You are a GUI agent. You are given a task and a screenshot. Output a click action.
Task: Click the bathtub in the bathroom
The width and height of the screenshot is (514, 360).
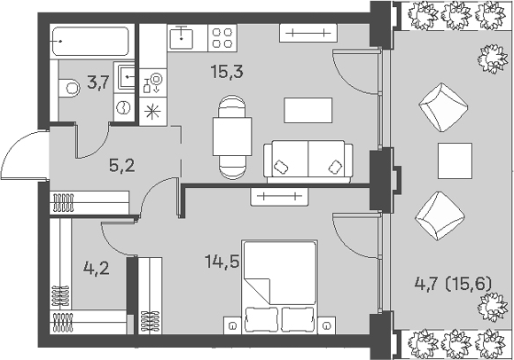tap(90, 42)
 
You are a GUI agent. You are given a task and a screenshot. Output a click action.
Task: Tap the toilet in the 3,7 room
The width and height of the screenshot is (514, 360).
tap(69, 88)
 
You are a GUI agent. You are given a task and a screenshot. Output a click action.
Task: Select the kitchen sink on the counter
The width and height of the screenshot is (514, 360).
tap(181, 38)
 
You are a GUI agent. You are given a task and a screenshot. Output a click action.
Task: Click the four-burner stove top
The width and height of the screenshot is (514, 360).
tap(222, 38)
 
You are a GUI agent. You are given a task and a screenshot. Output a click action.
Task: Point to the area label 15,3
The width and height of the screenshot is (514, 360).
tap(227, 72)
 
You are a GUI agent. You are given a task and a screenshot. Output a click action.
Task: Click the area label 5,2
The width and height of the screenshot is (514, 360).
tap(122, 166)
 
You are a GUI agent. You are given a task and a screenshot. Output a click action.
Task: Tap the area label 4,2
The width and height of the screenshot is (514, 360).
tap(97, 269)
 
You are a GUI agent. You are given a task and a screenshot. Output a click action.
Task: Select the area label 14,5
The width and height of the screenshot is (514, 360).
tap(222, 262)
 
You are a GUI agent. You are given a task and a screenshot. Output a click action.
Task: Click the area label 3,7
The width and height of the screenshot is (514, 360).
tap(97, 82)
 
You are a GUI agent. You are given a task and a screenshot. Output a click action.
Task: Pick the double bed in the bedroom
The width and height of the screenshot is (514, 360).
tap(280, 287)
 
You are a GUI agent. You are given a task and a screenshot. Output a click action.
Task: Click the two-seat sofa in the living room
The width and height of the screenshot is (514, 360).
tap(308, 162)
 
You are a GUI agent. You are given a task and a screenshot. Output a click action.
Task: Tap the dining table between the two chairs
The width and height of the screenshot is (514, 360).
tap(232, 137)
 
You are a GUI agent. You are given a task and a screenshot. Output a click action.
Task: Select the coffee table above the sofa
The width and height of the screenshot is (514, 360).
tap(308, 110)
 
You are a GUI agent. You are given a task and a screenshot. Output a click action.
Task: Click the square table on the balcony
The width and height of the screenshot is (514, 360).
tap(455, 160)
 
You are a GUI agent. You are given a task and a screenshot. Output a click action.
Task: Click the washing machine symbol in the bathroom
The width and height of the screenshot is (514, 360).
tap(124, 107)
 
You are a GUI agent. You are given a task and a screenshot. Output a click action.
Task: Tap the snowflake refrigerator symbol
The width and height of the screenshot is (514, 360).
tap(152, 112)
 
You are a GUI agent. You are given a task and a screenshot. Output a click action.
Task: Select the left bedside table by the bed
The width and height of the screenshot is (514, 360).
tap(232, 325)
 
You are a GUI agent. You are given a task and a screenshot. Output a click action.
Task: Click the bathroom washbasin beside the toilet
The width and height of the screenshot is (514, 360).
tap(126, 77)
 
